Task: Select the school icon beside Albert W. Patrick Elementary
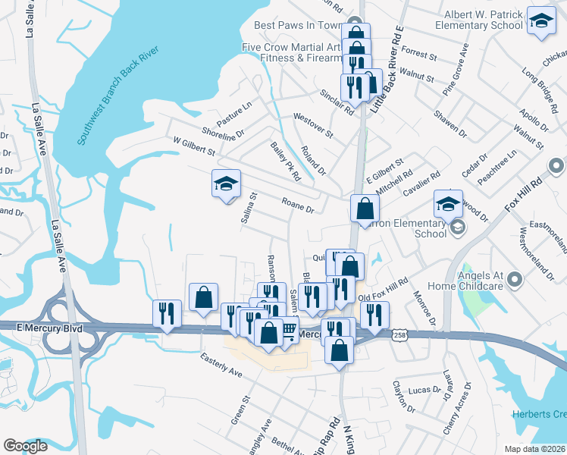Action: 541,21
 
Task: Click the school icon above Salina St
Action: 225,184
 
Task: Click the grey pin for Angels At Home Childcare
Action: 516,280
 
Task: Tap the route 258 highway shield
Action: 399,334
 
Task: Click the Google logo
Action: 25,446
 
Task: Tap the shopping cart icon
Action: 288,330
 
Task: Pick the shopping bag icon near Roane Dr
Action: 365,209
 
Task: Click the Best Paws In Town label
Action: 298,25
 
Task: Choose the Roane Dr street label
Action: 297,204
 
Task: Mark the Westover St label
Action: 313,125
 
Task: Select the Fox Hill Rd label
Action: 524,196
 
